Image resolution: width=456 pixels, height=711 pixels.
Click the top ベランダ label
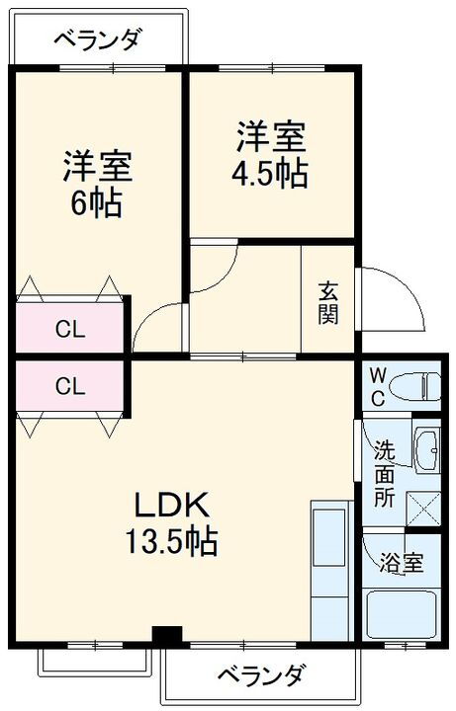[x=97, y=40]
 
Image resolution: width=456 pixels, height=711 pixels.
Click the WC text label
[x=377, y=386]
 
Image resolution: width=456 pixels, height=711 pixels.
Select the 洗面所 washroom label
[x=383, y=472]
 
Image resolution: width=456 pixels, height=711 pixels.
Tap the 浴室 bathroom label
[x=403, y=563]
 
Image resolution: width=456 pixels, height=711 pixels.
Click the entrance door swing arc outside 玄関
[x=396, y=296]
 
